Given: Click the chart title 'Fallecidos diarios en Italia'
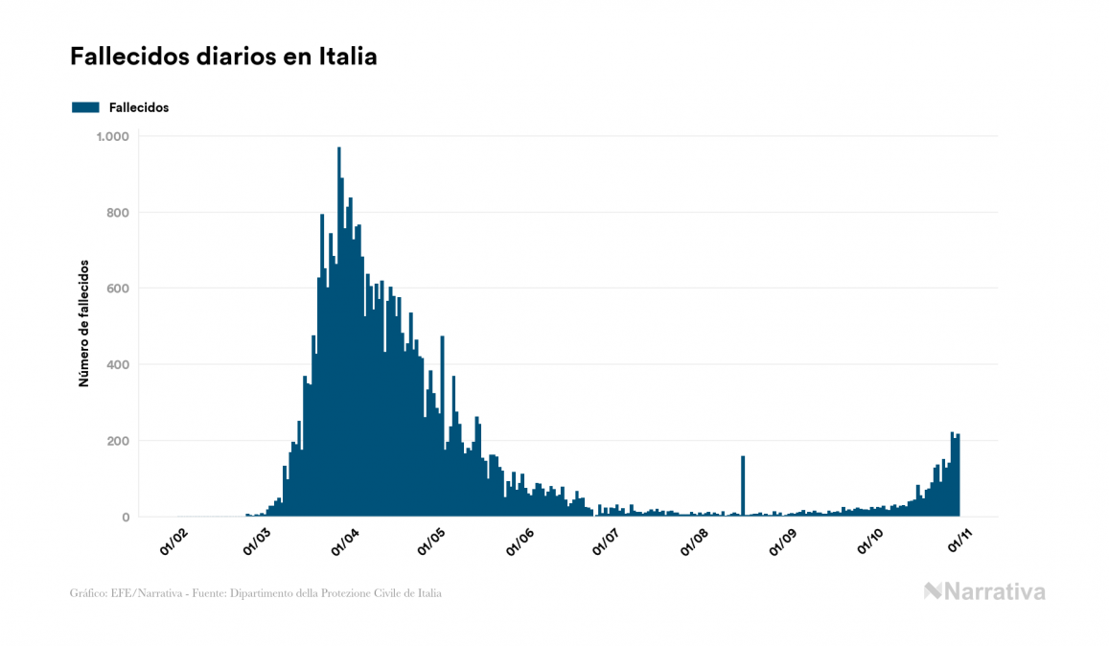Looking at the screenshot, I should (223, 57).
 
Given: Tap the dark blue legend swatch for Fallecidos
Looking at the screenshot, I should (85, 107).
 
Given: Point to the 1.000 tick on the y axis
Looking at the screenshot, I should (112, 136).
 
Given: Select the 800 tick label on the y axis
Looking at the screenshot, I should (117, 213).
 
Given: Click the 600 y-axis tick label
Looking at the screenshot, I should (117, 288).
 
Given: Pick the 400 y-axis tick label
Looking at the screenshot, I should (117, 365).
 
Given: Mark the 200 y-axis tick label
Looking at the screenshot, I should (117, 441).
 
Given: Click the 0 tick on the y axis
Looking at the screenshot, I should (125, 518).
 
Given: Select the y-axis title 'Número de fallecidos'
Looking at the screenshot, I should (83, 323).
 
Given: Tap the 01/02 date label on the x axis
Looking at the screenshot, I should (173, 543).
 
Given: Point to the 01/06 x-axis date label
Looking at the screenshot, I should (524, 543).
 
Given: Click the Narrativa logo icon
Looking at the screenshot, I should (933, 591).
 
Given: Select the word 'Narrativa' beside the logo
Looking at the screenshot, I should (995, 591).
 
